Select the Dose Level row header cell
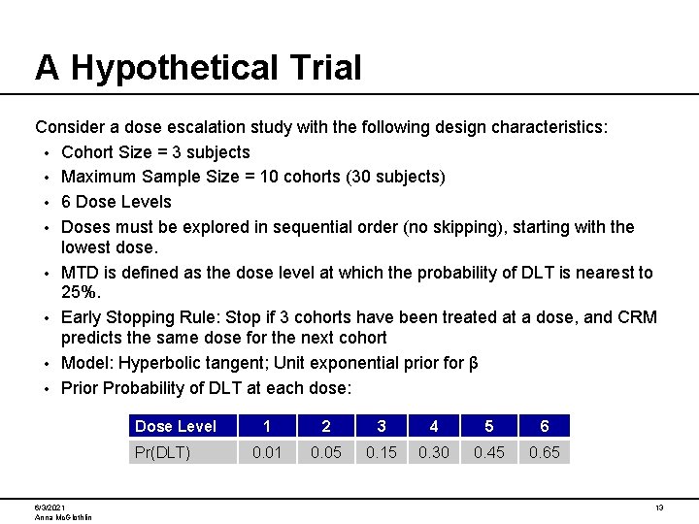click(x=183, y=426)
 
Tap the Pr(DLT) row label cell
click(x=183, y=452)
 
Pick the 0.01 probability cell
click(x=268, y=452)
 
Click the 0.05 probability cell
click(x=325, y=452)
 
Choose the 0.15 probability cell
click(x=381, y=452)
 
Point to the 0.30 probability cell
click(x=434, y=452)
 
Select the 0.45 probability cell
click(x=488, y=452)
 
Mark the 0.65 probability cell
click(x=544, y=452)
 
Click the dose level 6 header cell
click(x=544, y=426)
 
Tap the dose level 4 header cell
click(x=434, y=426)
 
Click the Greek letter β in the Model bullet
click(x=473, y=363)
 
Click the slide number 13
click(x=659, y=508)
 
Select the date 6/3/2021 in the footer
click(x=50, y=508)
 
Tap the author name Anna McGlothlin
click(x=63, y=517)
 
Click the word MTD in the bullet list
click(x=81, y=273)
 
